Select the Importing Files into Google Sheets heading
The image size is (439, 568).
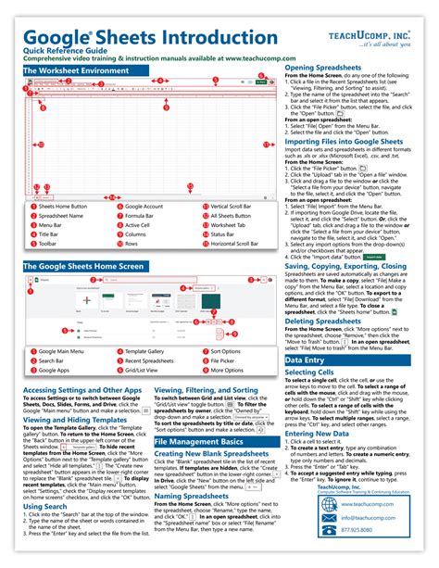point(346,143)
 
